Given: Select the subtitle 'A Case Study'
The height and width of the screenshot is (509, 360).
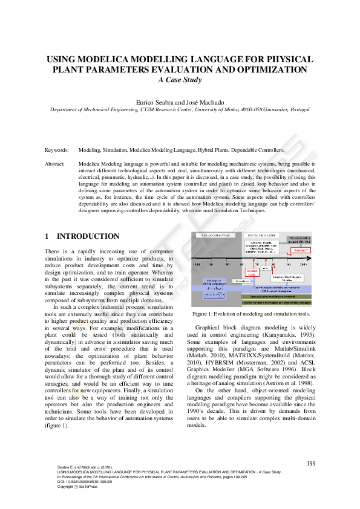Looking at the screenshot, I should (x=180, y=79).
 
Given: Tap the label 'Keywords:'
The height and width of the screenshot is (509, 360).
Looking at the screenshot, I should (x=57, y=149).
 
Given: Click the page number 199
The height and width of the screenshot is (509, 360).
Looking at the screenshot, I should (x=312, y=463).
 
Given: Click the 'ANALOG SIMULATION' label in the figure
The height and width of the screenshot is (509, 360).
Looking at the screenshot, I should (x=213, y=235).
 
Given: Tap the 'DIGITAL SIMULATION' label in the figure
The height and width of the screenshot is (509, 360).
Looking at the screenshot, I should (x=261, y=235).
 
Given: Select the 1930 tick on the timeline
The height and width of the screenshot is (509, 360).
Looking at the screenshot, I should (x=195, y=264).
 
